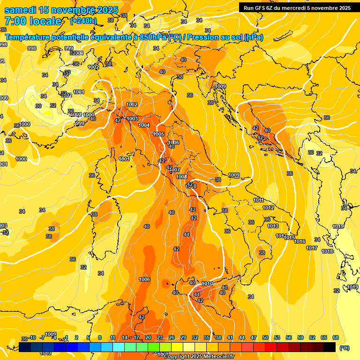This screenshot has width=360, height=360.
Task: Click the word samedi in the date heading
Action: click(x=21, y=10)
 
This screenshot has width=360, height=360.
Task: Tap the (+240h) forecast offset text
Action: click(x=83, y=21)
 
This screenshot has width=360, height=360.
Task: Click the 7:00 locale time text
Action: click(x=32, y=21)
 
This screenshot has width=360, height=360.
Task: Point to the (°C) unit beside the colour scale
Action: click(x=344, y=348)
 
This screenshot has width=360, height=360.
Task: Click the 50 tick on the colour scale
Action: click(x=265, y=337)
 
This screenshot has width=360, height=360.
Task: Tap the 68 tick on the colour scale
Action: click(x=336, y=337)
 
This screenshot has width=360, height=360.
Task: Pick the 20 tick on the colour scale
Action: click(x=148, y=337)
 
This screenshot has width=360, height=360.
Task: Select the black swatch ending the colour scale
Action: click(x=330, y=347)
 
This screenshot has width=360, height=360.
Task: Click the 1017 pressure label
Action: click(x=312, y=247)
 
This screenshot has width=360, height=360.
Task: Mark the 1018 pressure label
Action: click(x=327, y=251)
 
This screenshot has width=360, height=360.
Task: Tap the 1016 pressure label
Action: click(x=300, y=241)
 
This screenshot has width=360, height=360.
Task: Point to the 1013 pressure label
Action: click(x=273, y=226)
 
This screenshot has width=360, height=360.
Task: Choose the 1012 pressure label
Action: click(x=268, y=208)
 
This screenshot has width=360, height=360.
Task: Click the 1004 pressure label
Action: click(x=144, y=125)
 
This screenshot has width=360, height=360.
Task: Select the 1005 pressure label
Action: click(x=158, y=134)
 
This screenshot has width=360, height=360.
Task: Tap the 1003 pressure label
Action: click(x=132, y=119)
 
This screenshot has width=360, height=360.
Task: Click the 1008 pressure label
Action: click(x=181, y=177)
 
